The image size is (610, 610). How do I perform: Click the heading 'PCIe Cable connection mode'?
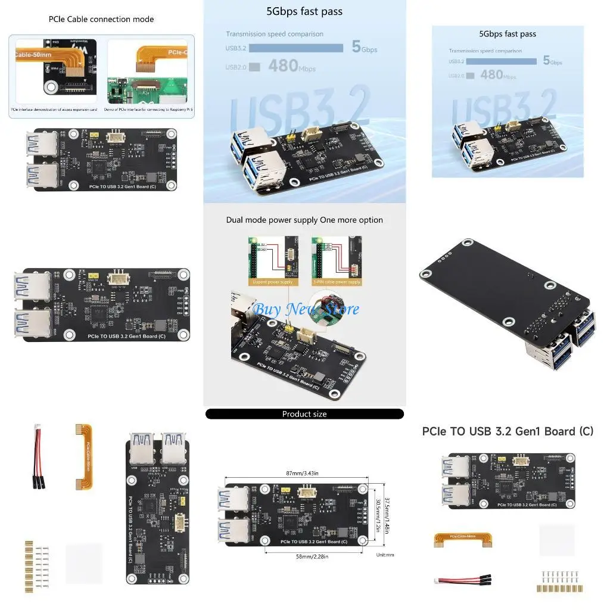(x=101, y=19)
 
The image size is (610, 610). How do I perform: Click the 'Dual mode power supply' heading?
(x=304, y=220)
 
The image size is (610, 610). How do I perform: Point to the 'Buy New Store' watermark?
(x=306, y=309)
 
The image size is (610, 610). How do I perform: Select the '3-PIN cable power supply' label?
(x=337, y=282)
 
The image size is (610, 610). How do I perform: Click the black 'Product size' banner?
(x=304, y=414)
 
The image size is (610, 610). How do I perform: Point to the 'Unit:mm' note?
(x=385, y=555)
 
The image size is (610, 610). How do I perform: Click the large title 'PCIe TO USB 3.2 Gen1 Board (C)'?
(x=508, y=431)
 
